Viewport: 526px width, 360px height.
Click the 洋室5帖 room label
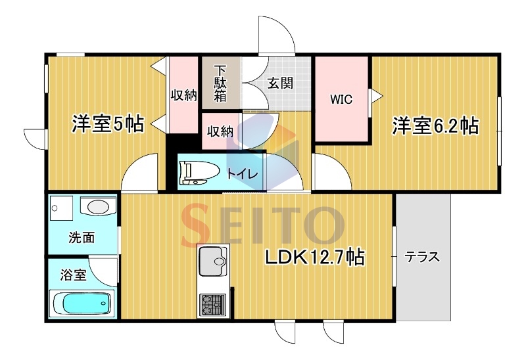pyautogui.click(x=108, y=124)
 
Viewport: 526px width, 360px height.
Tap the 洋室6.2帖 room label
pyautogui.click(x=436, y=125)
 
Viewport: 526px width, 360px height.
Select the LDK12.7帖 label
pyautogui.click(x=315, y=258)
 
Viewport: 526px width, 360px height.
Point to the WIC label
pyautogui.click(x=341, y=99)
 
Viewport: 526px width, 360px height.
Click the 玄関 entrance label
pyautogui.click(x=280, y=83)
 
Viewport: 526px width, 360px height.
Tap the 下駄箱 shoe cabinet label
pyautogui.click(x=220, y=84)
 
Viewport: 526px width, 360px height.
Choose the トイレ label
pyautogui.click(x=243, y=174)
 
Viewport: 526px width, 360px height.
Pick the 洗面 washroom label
pyautogui.click(x=82, y=237)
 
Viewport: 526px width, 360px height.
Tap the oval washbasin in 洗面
pyautogui.click(x=99, y=206)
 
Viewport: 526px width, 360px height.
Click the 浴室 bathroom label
pyautogui.click(x=74, y=275)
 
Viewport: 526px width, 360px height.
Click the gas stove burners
pyautogui.click(x=213, y=304)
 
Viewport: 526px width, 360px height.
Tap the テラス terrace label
pyautogui.click(x=421, y=257)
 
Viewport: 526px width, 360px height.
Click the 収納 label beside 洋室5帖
pyautogui.click(x=184, y=95)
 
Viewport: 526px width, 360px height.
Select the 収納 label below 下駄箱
pyautogui.click(x=220, y=132)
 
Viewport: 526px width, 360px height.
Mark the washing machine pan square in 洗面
pyautogui.click(x=61, y=208)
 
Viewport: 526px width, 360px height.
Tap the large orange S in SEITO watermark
pyautogui.click(x=197, y=223)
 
